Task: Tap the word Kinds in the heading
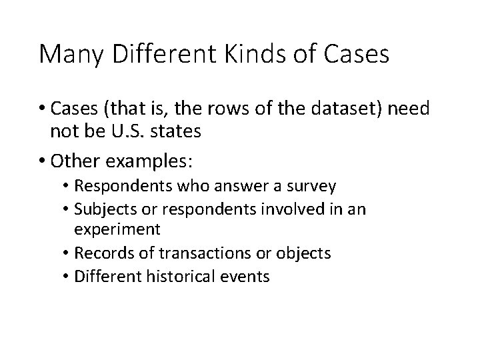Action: click(x=250, y=54)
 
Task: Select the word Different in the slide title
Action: click(x=159, y=54)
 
